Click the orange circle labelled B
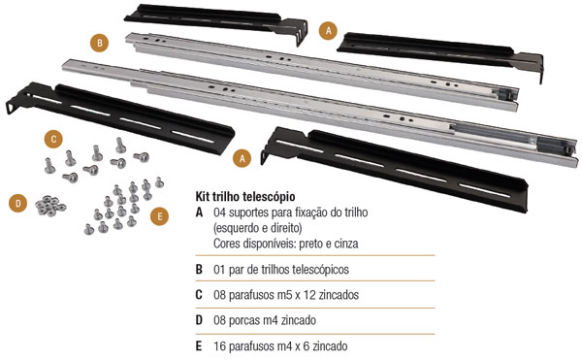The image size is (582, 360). point(100,43)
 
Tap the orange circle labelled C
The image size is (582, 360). point(53,139)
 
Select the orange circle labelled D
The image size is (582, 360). point(17,203)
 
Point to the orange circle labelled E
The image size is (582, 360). point(160,216)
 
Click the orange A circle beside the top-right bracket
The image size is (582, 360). point(328,30)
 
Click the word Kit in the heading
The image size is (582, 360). point(204,196)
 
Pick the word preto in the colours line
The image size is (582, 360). point(310,245)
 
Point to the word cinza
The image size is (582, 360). point(346,244)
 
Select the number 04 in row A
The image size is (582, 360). point(219,213)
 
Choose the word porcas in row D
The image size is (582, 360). point(245,320)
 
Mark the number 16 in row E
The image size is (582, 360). point(219,346)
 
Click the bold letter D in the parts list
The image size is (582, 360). point(199,320)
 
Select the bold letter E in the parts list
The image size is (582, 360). point(199,346)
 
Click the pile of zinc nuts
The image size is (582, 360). point(50,206)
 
